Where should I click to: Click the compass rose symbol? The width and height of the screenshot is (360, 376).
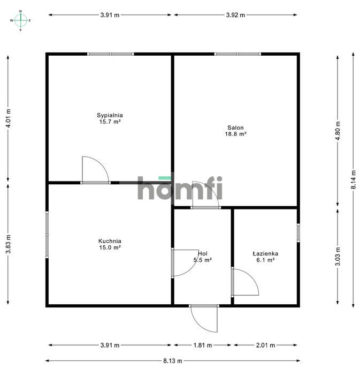coord(20,20)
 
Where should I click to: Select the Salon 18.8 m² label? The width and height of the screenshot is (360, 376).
coord(236,131)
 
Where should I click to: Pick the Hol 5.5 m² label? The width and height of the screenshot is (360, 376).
coord(203,257)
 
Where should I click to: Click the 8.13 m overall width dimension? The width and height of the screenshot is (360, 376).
coord(173,360)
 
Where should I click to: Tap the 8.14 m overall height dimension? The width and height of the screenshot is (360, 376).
coord(353,180)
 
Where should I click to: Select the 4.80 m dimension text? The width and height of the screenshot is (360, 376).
coord(338,131)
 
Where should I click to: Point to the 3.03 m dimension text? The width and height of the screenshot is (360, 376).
coord(338,257)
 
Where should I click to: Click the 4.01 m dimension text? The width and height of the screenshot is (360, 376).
coord(8,118)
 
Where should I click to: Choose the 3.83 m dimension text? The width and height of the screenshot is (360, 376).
coord(8,244)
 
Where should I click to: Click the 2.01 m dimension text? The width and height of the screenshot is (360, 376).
coord(265,345)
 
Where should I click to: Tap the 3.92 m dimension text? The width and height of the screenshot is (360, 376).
coord(235,15)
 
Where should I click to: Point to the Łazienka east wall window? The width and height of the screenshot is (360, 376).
coord(298,233)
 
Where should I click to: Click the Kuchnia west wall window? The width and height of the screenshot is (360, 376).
coord(47,235)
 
